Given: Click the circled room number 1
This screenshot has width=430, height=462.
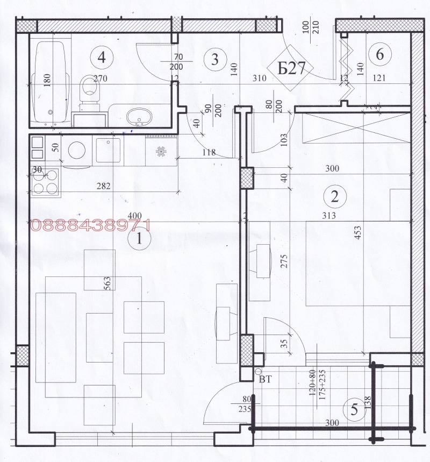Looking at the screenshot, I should pos(139,237).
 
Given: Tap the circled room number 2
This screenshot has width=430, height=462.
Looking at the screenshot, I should pos(335,195).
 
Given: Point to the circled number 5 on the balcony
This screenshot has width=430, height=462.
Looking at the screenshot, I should pos(354,410).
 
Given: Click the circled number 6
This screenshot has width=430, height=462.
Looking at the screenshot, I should pos(380,54).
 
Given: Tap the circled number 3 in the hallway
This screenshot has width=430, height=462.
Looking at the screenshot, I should pos(214,59).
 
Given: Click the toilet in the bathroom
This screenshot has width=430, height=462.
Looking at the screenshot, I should pos(87,89).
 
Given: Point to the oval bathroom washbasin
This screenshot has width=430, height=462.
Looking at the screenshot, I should pos(140,116).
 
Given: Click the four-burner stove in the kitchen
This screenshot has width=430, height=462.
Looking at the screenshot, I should pos(46,181).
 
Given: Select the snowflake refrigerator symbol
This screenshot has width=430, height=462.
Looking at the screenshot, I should pos(160,152).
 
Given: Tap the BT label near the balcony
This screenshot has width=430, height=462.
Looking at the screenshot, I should pos(266,380).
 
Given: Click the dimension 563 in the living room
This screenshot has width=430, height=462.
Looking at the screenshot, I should pos(107,282).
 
